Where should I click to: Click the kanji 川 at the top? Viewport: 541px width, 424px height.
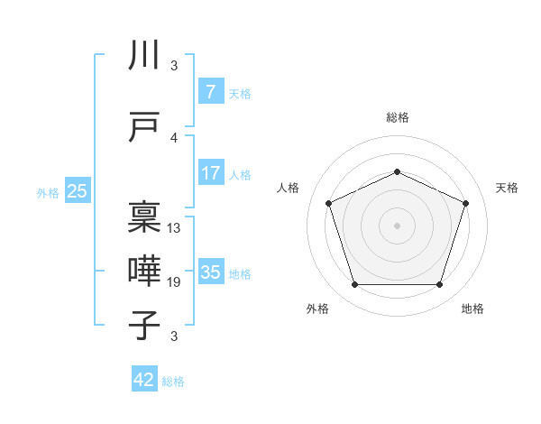point(145,56)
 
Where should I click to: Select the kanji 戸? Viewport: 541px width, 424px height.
point(145,127)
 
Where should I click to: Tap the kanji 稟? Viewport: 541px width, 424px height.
point(145,217)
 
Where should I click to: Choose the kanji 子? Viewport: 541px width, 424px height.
point(145,325)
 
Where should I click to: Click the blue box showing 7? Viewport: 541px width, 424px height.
point(210,91)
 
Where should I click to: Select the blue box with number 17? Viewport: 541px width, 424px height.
point(210,172)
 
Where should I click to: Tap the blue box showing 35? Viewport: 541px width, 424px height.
point(210,272)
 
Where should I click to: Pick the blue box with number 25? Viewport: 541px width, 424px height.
point(78,190)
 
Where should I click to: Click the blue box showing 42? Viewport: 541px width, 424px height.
point(144,380)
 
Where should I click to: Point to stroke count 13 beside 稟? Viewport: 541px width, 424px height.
point(174,228)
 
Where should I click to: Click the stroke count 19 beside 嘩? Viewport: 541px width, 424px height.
point(174,282)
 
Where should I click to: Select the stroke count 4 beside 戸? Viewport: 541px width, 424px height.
point(174,138)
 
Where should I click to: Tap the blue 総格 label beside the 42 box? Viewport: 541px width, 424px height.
point(173,382)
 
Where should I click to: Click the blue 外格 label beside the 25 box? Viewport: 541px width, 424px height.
point(47,192)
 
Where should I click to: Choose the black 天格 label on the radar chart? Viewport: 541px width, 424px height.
point(507,188)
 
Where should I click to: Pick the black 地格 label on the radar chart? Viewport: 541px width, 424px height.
point(472,309)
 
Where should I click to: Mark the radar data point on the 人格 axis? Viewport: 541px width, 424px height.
point(328,203)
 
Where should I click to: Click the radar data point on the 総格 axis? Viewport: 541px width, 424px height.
point(397,171)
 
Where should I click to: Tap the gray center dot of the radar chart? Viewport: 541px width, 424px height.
point(397,226)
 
